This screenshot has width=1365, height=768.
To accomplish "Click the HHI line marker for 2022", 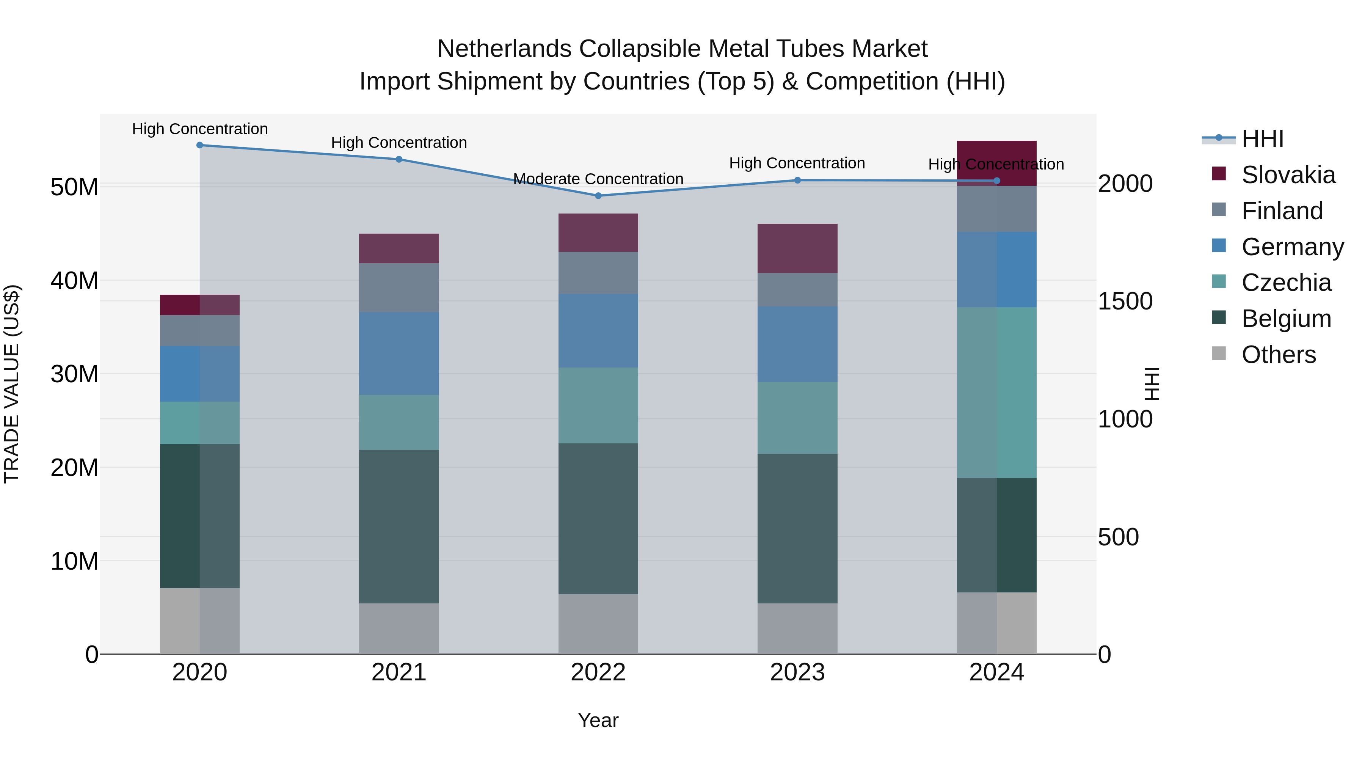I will pyautogui.click(x=598, y=196).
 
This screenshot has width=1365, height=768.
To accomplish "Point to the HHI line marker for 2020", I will pyautogui.click(x=200, y=145).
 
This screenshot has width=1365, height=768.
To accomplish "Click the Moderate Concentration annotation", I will pyautogui.click(x=598, y=179).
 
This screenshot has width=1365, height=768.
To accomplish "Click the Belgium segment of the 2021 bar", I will pyautogui.click(x=399, y=526).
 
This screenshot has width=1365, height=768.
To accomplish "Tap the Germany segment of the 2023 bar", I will pyautogui.click(x=797, y=344).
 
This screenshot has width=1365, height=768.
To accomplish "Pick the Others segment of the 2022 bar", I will pyautogui.click(x=598, y=624).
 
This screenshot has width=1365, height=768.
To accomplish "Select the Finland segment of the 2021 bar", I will pyautogui.click(x=399, y=288).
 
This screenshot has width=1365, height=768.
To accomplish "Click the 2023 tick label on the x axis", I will pyautogui.click(x=797, y=672).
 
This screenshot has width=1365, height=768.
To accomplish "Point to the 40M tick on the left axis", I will pyautogui.click(x=74, y=280).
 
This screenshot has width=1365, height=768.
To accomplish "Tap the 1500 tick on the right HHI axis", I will pyautogui.click(x=1125, y=302).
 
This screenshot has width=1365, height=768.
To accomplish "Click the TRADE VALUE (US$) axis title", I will pyautogui.click(x=12, y=384).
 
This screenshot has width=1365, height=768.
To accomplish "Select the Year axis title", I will pyautogui.click(x=598, y=720).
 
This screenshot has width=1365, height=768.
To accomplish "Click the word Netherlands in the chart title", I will pyautogui.click(x=504, y=49).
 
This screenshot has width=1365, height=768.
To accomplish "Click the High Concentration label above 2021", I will pyautogui.click(x=399, y=143).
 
